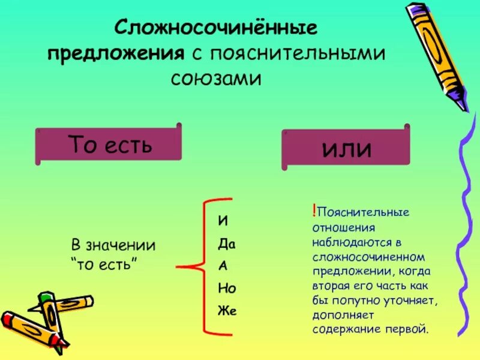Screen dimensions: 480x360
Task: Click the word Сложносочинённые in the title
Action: pyautogui.click(x=216, y=28)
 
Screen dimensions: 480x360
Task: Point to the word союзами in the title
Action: pyautogui.click(x=217, y=78)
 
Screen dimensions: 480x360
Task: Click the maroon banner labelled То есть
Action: pyautogui.click(x=109, y=144)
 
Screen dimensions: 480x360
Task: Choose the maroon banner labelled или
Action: pyautogui.click(x=346, y=147)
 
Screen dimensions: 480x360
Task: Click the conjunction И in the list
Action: pyautogui.click(x=223, y=220)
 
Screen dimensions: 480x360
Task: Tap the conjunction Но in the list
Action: pyautogui.click(x=226, y=288)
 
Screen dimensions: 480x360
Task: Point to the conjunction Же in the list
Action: pyautogui.click(x=227, y=311)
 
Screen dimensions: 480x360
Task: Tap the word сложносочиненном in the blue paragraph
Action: pyautogui.click(x=368, y=256)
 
